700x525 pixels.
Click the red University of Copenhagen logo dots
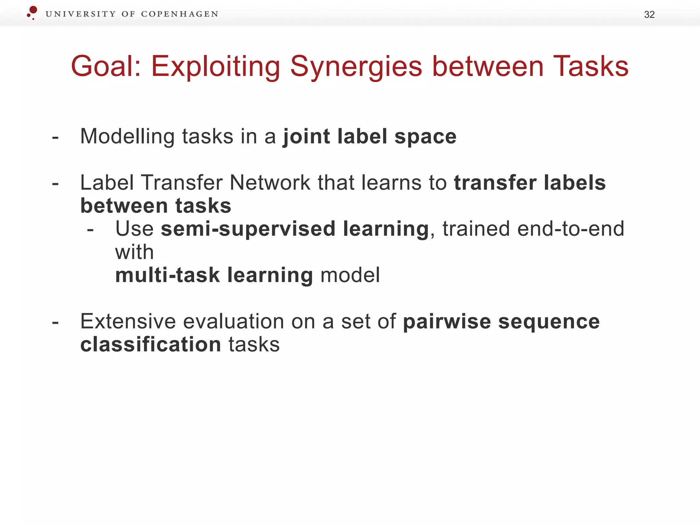[32, 12]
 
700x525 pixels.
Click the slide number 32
[649, 15]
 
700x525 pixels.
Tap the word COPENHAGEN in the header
[179, 14]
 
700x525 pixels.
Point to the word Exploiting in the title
[215, 67]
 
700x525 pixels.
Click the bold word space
[425, 137]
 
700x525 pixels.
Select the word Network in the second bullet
[270, 183]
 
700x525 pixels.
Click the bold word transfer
[495, 183]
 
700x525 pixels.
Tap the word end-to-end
[570, 229]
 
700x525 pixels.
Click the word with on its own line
[134, 252]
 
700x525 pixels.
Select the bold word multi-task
[167, 275]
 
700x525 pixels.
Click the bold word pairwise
[447, 322]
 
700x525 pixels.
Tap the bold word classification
[150, 344]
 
